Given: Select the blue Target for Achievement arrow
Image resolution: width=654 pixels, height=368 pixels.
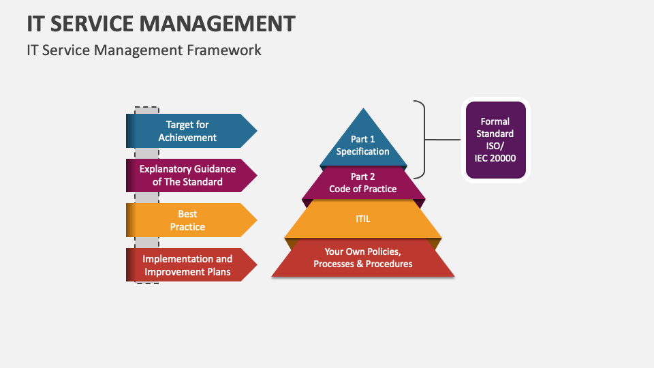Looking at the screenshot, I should [x=191, y=131].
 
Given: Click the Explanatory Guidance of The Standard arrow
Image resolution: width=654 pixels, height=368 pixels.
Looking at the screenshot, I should [x=191, y=176].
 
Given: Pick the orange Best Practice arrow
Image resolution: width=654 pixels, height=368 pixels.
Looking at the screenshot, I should [x=191, y=220].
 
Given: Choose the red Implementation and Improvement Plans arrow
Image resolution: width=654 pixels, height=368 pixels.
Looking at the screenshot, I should [x=191, y=265].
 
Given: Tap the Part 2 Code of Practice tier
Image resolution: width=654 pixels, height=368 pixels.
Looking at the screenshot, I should [x=363, y=183].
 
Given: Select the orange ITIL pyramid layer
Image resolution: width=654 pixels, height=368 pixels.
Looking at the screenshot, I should [x=363, y=219].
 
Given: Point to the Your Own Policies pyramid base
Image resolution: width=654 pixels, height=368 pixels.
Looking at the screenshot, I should [x=363, y=258].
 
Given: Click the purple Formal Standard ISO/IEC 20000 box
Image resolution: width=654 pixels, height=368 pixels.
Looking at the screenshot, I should [x=495, y=140].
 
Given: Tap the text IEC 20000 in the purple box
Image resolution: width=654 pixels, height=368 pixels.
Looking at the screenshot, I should [x=495, y=159].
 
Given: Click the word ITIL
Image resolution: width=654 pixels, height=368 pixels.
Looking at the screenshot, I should [x=363, y=219].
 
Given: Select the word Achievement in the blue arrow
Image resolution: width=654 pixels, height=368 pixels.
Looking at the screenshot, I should [x=187, y=138].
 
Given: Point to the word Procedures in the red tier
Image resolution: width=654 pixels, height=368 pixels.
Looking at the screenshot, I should [x=388, y=264].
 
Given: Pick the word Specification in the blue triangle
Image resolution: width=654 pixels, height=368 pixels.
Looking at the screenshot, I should [x=363, y=151].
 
